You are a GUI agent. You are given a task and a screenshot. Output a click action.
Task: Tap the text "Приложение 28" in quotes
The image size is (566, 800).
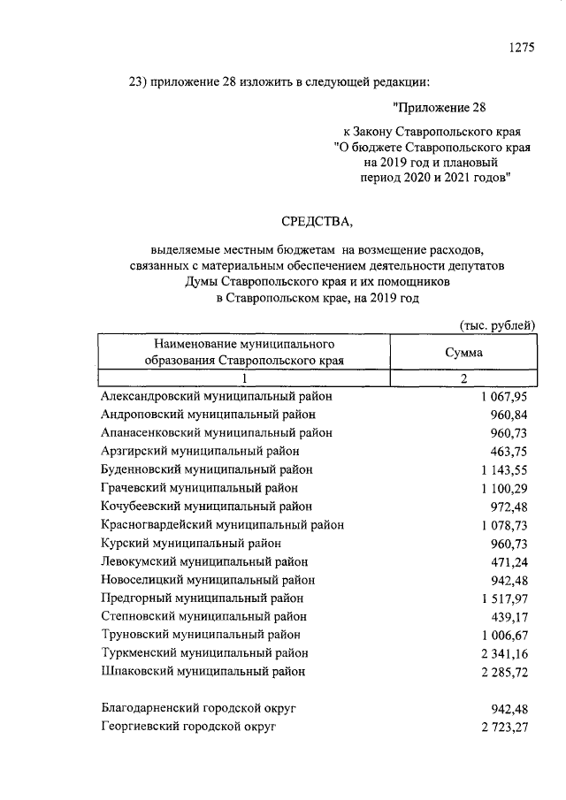point(440,108)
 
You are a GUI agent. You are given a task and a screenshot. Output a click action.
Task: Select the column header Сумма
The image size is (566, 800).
point(463,352)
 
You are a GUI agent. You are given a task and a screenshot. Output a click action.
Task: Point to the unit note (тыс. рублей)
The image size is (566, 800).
point(499,324)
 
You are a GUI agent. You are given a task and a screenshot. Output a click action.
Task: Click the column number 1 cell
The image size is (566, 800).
point(243,378)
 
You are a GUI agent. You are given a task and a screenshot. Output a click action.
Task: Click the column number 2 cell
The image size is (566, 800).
point(463,378)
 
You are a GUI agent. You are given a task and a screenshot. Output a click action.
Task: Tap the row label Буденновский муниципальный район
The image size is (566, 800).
point(207,469)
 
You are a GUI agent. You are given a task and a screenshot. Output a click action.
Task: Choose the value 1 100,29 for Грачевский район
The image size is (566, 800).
point(504,488)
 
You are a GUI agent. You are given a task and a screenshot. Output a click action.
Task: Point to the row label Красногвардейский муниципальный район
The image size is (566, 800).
point(222,524)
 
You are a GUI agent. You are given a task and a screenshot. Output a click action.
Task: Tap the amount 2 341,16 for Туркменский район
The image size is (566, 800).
point(502,653)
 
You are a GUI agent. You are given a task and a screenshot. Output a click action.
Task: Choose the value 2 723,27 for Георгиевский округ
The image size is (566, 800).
point(502,727)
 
